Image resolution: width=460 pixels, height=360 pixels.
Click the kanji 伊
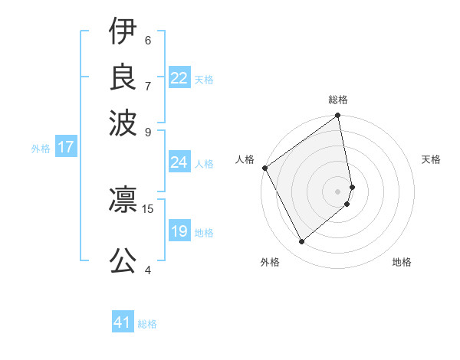pyautogui.click(x=123, y=33)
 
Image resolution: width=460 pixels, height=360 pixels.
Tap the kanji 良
pyautogui.click(x=123, y=76)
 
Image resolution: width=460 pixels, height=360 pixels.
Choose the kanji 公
pyautogui.click(x=123, y=259)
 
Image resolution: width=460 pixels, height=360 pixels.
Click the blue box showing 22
pyautogui.click(x=179, y=78)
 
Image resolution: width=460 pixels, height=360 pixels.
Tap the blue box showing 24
pyautogui.click(x=179, y=162)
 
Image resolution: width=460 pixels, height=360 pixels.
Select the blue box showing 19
pyautogui.click(x=179, y=231)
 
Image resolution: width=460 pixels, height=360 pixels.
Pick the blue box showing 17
pyautogui.click(x=66, y=147)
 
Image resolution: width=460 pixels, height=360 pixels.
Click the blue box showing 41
pyautogui.click(x=123, y=322)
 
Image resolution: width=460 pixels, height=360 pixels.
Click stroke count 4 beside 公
pyautogui.click(x=148, y=270)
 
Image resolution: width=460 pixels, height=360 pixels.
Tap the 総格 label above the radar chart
pyautogui.click(x=338, y=100)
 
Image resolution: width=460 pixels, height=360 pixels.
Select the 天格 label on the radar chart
pyautogui.click(x=431, y=159)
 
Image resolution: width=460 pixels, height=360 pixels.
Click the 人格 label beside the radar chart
pyautogui.click(x=245, y=159)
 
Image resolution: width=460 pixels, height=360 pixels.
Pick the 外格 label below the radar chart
pyautogui.click(x=270, y=262)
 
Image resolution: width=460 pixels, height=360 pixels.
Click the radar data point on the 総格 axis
pyautogui.click(x=338, y=116)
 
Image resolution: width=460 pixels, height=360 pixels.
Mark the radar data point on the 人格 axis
pyautogui.click(x=264, y=168)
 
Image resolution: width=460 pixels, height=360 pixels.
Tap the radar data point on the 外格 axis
pyautogui.click(x=301, y=241)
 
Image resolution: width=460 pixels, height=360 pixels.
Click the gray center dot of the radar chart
pyautogui.click(x=338, y=191)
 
